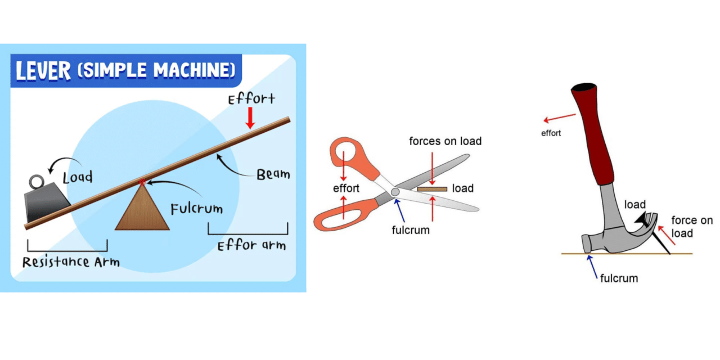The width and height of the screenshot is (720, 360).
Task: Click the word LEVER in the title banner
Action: tap(44, 71)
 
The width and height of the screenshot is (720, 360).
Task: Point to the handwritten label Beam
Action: tap(273, 174)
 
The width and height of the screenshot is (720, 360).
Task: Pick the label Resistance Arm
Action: tap(71, 262)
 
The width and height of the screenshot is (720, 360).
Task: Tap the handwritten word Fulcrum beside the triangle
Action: tap(196, 209)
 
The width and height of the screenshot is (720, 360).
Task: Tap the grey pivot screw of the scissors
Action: tap(395, 192)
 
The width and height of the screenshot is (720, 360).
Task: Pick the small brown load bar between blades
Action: tap(432, 189)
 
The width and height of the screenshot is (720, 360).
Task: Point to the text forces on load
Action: tap(445, 141)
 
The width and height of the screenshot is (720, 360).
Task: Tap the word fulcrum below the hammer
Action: tap(619, 278)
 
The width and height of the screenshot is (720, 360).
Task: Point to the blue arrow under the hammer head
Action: tap(593, 266)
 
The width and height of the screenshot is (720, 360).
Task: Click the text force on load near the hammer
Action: tap(691, 226)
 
